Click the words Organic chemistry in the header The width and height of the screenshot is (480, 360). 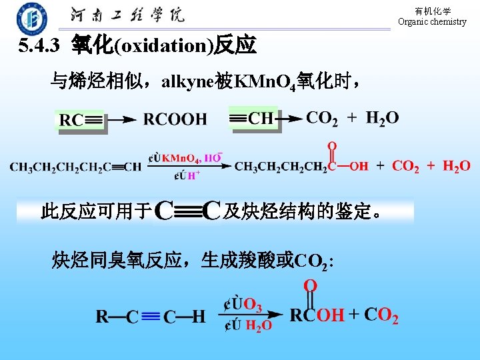coord(432,21)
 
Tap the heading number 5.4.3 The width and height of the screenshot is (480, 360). coord(41,46)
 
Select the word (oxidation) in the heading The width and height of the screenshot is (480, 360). coord(163,46)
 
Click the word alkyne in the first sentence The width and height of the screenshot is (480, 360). coord(188,82)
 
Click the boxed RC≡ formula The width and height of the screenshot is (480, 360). coord(81,121)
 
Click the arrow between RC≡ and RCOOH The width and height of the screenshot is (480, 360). coord(122,120)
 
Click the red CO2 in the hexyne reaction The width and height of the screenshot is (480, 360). coord(405,166)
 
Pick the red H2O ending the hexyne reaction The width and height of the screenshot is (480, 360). coord(456,166)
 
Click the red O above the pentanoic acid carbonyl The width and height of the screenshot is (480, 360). coord(331,146)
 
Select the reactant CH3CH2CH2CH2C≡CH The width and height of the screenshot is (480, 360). coord(75,167)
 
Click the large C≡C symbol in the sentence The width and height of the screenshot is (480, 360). coord(187,212)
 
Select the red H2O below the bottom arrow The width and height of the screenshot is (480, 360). coord(258,325)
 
